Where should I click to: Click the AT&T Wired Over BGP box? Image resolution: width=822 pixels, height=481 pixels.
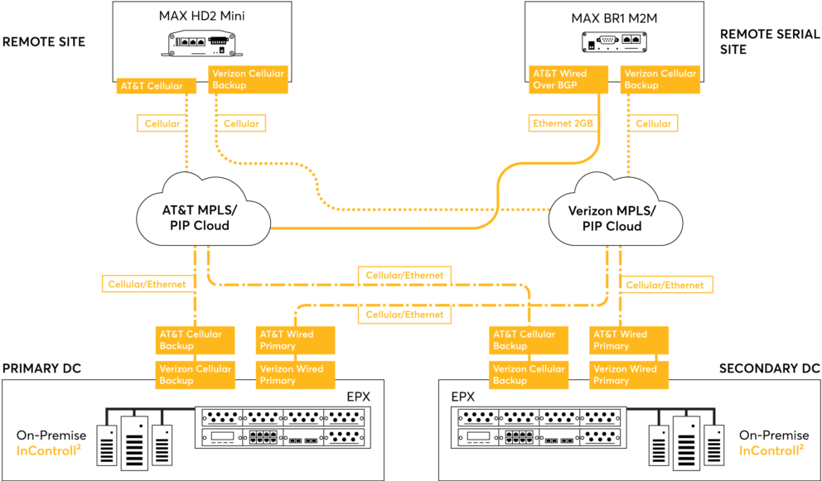click(x=568, y=79)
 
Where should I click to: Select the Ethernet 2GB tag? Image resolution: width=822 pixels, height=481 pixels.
click(x=563, y=123)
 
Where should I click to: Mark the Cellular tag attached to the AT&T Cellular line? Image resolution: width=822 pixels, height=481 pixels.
click(x=162, y=123)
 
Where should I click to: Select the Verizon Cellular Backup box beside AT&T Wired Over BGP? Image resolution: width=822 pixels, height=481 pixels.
click(x=660, y=79)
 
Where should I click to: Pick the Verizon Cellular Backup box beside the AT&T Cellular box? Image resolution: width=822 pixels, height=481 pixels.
click(x=249, y=79)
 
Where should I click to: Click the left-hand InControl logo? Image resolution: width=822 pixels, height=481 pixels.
click(x=49, y=450)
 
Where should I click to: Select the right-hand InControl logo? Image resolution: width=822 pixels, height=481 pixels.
click(x=771, y=450)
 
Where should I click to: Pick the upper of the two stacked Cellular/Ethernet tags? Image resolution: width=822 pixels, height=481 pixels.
click(x=405, y=275)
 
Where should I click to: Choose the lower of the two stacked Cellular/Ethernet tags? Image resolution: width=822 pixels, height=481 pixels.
click(x=405, y=315)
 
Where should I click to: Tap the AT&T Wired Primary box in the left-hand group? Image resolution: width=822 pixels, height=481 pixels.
click(x=296, y=340)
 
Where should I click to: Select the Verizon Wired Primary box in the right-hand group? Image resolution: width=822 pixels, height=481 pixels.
click(x=629, y=375)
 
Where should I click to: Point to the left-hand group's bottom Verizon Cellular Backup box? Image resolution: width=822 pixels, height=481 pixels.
click(x=196, y=375)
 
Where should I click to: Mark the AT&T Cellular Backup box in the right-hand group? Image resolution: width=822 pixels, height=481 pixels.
click(x=529, y=340)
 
